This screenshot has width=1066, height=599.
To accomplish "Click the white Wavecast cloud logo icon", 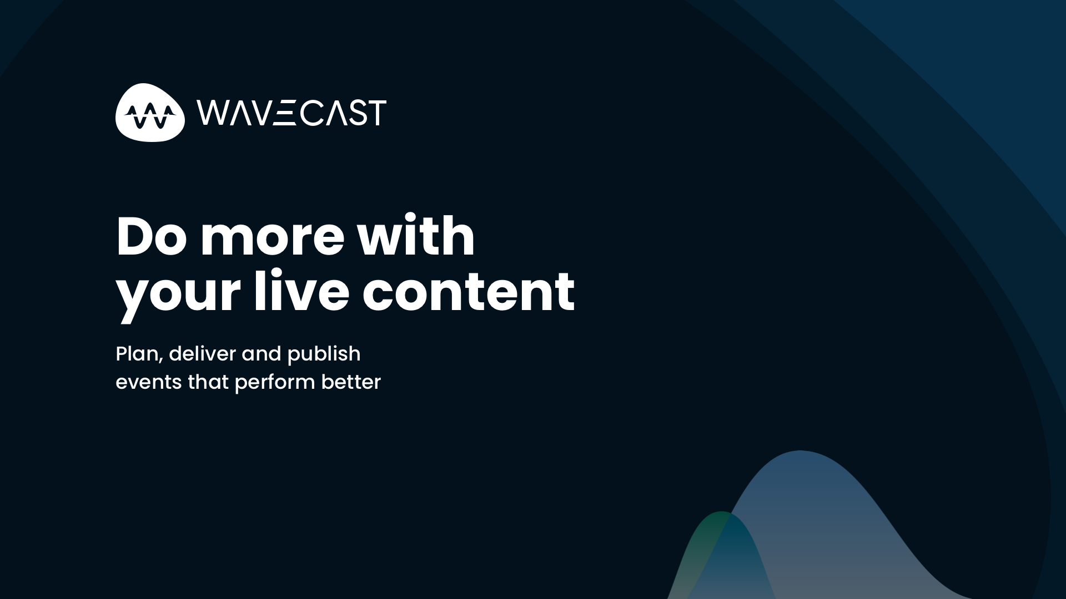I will click(150, 113).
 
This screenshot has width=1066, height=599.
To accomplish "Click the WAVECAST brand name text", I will click(291, 113).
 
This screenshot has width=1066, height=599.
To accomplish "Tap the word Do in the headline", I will click(151, 237).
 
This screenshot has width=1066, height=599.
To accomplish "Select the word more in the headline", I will click(272, 237).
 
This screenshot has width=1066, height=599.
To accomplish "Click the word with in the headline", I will click(416, 237).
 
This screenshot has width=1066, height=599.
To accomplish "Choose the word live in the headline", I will click(301, 292).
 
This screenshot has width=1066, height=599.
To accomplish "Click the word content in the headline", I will click(468, 292).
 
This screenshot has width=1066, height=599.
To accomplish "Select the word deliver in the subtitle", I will click(202, 354).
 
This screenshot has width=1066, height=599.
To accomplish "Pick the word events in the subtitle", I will click(148, 382).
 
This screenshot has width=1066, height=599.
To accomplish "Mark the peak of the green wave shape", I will click(721, 514).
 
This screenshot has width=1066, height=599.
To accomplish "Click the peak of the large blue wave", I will click(799, 453).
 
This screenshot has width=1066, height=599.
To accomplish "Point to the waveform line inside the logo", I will click(150, 115).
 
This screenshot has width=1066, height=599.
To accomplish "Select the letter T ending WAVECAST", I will click(378, 113).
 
